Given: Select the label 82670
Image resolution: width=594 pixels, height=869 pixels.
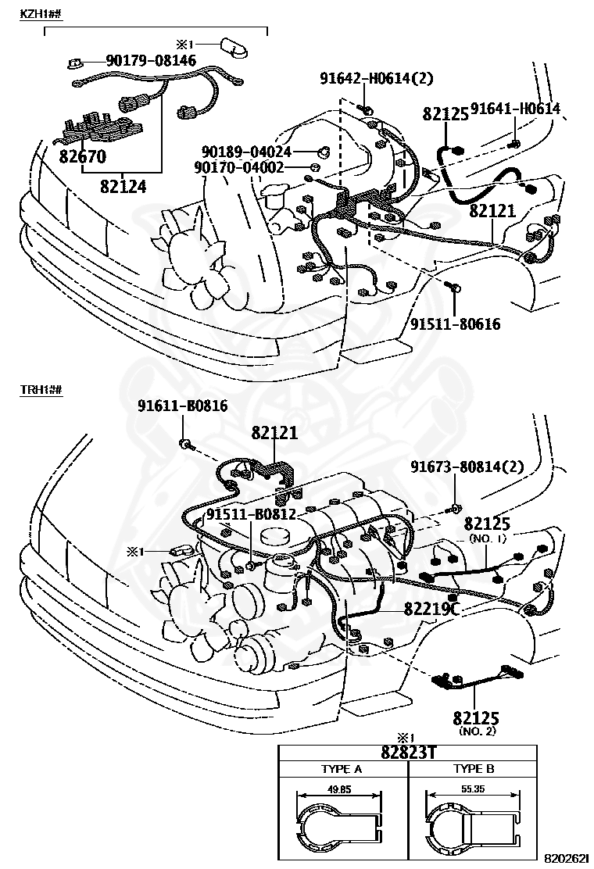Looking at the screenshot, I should (x=82, y=156).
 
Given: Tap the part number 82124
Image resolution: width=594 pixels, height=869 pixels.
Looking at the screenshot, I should (x=123, y=186).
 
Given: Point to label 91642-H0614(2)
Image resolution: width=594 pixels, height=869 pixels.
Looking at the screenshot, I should (x=376, y=78).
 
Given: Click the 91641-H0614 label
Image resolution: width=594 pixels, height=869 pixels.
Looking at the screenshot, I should (x=516, y=109).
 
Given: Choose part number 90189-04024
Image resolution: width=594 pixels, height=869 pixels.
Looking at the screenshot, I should (x=246, y=152).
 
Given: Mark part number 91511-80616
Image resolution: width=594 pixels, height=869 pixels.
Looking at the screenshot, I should (x=455, y=324).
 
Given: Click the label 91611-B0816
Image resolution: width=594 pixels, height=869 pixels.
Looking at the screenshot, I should (x=183, y=406).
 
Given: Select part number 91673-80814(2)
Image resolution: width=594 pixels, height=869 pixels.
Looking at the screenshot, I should (x=467, y=467).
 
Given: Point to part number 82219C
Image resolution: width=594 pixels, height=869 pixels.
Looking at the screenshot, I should (x=431, y=608).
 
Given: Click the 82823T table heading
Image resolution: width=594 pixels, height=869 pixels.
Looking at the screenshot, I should (x=408, y=753).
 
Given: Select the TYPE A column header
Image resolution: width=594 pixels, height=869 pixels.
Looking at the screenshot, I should (x=342, y=769).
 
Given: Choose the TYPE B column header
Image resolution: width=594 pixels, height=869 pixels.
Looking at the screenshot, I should (x=473, y=769).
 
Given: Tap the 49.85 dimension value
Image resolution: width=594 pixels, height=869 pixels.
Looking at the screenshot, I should (x=338, y=789).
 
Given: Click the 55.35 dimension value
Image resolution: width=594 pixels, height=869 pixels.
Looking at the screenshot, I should (x=472, y=789).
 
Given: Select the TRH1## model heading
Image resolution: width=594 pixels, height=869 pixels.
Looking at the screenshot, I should (x=41, y=388).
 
